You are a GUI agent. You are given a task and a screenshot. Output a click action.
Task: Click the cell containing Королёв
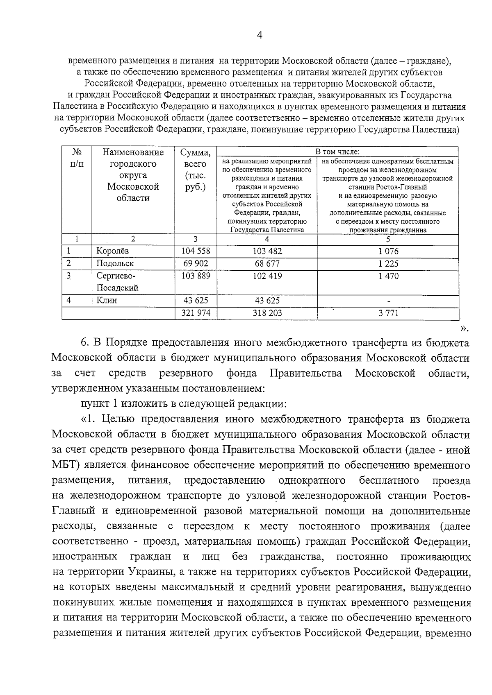tap(112, 251)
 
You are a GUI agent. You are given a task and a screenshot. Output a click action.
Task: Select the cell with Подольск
tap(115, 264)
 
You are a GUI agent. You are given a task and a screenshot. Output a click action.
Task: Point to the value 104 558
tap(196, 251)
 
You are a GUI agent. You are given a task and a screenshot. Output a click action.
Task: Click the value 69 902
tap(196, 264)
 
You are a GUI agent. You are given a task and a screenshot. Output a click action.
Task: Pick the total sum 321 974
tap(196, 313)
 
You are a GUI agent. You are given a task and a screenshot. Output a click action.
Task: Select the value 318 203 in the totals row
tap(268, 313)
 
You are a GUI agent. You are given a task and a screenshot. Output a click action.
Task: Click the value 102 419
tap(267, 276)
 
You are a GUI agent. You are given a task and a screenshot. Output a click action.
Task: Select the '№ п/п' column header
tap(76, 158)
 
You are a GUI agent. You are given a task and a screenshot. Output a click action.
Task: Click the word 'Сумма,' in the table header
tap(196, 153)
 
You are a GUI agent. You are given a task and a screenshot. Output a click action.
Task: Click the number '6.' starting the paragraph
tap(86, 343)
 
